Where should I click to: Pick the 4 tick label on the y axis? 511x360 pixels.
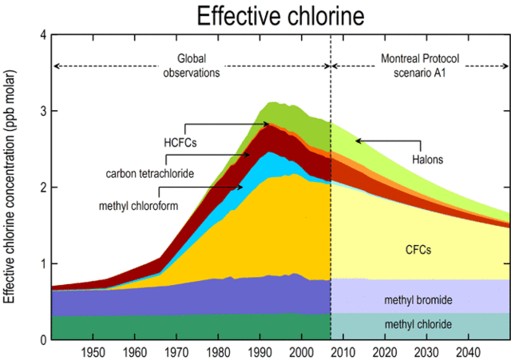43,35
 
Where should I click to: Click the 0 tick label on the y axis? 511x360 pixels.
43,340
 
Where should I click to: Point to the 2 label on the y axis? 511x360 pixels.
43,188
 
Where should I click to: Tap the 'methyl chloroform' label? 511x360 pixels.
137,205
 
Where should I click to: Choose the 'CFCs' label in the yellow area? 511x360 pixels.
418,250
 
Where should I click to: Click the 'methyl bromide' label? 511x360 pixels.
418,299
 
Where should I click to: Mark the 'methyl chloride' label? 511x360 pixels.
418,325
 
